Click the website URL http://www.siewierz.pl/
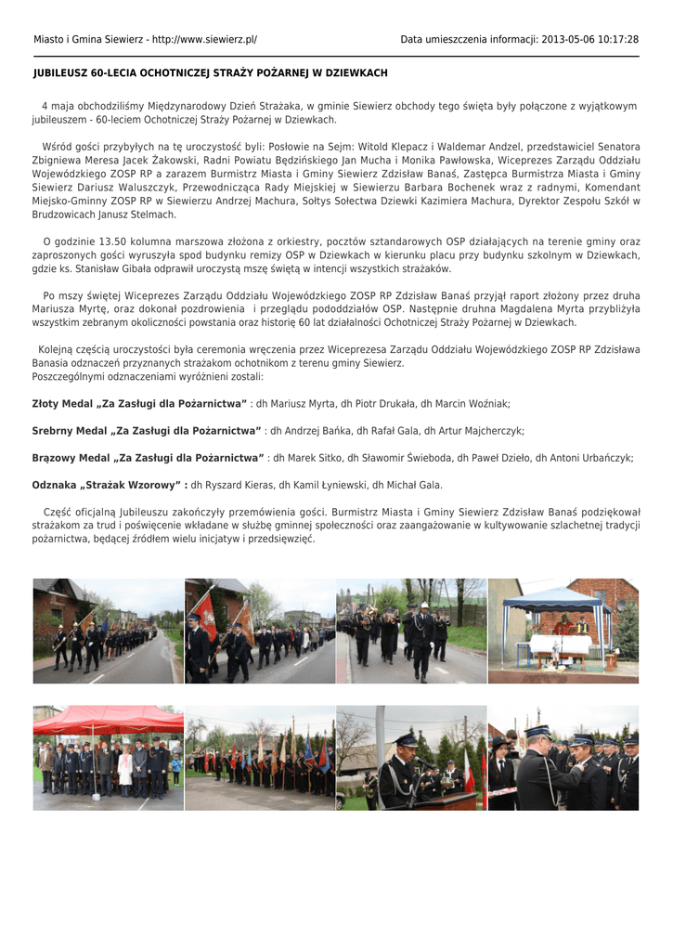(x=202, y=40)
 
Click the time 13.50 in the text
(x=102, y=241)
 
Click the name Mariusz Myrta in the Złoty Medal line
(x=302, y=405)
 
